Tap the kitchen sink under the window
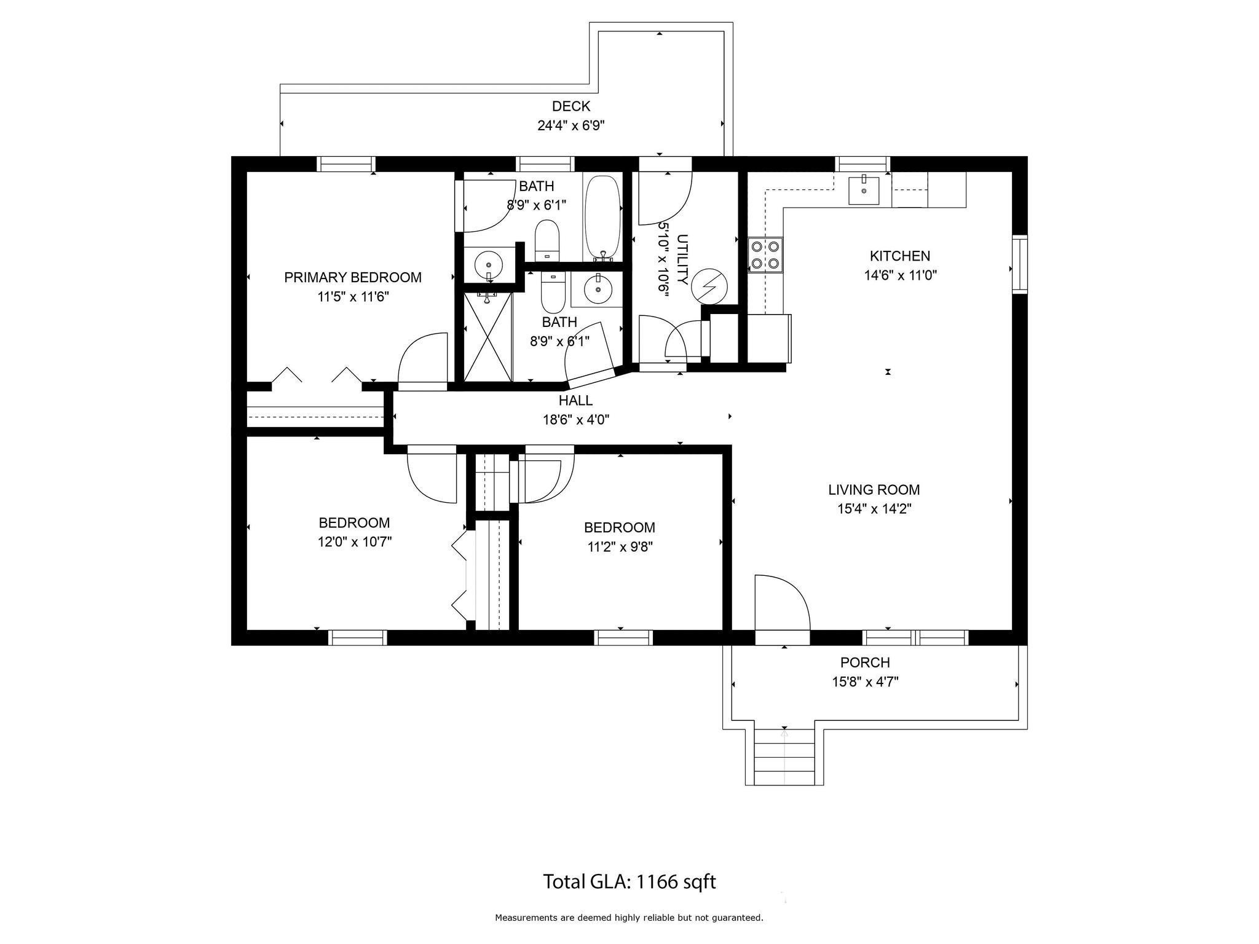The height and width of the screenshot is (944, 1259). [864, 190]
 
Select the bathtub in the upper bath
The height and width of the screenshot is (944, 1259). [603, 218]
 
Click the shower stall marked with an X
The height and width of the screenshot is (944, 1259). [488, 336]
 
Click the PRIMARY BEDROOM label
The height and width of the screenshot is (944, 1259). [353, 278]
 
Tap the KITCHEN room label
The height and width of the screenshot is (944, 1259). [900, 256]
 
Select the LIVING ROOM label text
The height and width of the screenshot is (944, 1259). [874, 490]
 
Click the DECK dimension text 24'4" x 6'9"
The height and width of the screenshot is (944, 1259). [571, 126]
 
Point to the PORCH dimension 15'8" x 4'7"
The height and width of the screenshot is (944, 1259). [865, 682]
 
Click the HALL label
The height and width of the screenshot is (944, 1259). [575, 401]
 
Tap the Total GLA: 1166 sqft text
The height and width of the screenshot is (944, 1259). [629, 882]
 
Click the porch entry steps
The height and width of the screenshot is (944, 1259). [784, 757]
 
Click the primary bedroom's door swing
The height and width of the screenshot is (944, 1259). [423, 361]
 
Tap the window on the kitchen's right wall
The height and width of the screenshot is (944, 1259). [1020, 264]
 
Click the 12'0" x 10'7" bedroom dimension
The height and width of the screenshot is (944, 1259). [354, 542]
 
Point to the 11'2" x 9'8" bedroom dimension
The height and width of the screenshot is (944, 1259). [620, 547]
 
